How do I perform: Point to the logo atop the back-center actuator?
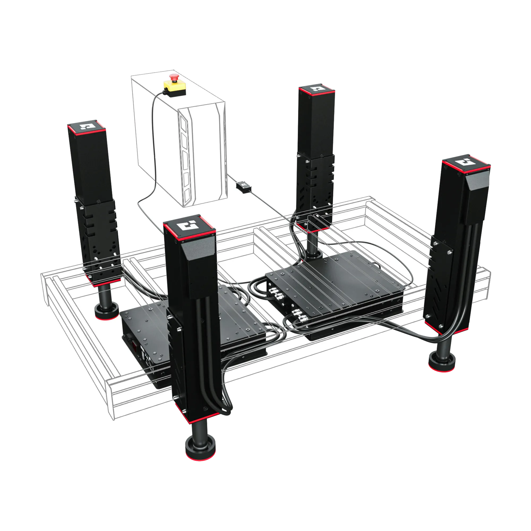[x=317, y=89]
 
